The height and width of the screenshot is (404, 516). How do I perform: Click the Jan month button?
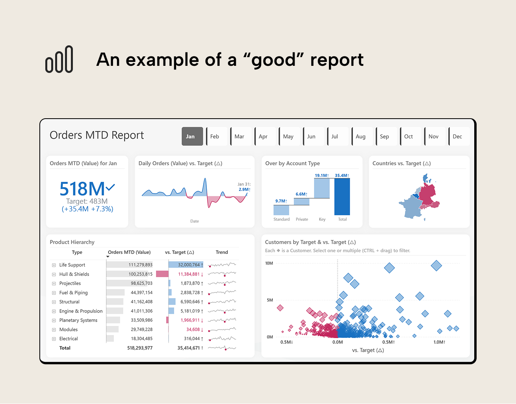(x=192, y=136)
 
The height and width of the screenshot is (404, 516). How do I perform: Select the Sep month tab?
(x=386, y=136)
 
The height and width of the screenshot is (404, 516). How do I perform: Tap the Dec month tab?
(x=458, y=136)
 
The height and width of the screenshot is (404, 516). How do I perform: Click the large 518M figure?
(x=82, y=189)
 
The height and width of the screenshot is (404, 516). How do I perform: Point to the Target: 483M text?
(x=87, y=201)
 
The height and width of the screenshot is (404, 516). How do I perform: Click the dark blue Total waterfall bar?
(x=342, y=197)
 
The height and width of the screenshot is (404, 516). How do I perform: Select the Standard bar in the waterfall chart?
(x=281, y=210)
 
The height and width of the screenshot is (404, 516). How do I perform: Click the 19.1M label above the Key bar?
(x=321, y=175)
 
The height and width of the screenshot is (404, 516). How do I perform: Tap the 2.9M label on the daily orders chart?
(x=244, y=190)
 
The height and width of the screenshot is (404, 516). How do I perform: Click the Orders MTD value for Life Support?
(x=140, y=265)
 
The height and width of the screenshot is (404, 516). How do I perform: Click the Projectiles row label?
(x=70, y=283)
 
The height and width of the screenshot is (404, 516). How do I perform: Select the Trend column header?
(x=222, y=252)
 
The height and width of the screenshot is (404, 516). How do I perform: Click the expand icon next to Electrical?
(x=54, y=339)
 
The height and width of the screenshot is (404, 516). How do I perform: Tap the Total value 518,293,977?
(x=140, y=348)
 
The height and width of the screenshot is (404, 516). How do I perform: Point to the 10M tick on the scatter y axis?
(x=269, y=263)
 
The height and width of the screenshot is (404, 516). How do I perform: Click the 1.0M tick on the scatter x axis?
(x=439, y=342)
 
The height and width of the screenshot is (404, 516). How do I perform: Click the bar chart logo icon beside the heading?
(x=59, y=60)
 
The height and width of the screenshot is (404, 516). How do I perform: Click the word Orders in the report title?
(x=66, y=135)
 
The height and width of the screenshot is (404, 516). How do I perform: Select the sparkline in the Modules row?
(x=222, y=330)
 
